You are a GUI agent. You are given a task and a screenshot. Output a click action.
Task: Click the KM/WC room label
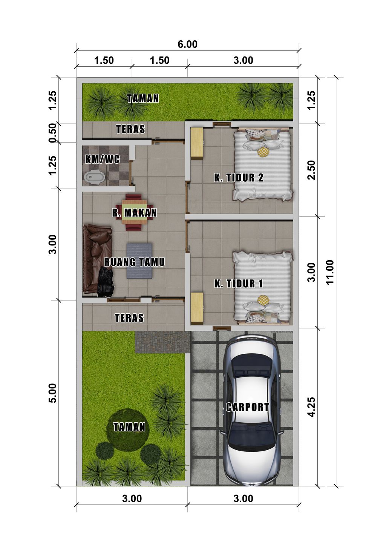[103, 159]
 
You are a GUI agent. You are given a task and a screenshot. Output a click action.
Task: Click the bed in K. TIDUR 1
[263, 288]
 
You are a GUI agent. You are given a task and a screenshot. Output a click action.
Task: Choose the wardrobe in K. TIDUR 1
[197, 308]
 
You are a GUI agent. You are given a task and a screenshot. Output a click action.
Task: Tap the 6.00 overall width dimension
[187, 44]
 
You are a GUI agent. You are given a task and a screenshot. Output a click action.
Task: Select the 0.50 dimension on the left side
[53, 133]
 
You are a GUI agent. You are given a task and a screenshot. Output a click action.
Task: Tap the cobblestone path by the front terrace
[162, 342]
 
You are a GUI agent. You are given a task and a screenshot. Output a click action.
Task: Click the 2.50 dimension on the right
[311, 170]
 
